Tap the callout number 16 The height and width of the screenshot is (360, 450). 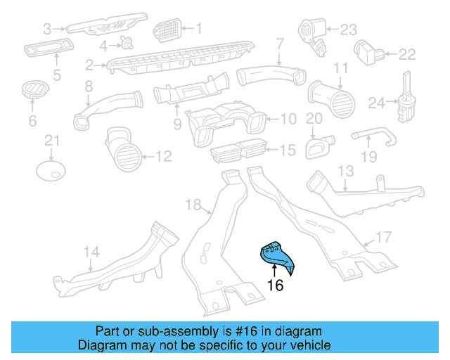[276, 285]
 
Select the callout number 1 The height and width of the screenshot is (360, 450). [198, 29]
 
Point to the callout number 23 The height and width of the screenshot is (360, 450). [349, 30]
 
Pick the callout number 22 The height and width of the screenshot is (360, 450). [407, 53]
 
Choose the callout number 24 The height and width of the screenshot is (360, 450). [375, 103]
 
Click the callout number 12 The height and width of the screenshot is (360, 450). [162, 156]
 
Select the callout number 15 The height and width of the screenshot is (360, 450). [287, 150]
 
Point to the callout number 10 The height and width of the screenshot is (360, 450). [288, 120]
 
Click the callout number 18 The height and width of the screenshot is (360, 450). [193, 205]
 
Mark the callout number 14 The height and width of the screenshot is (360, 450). [91, 251]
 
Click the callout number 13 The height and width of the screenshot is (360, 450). [345, 172]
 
